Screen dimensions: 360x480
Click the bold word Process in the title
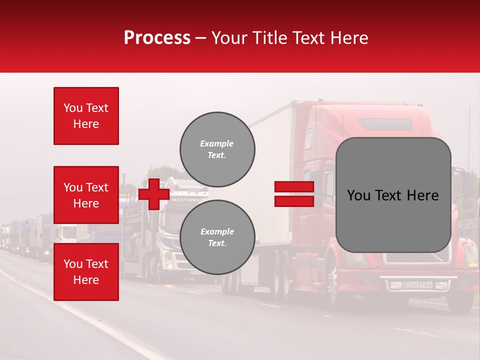pyautogui.click(x=157, y=38)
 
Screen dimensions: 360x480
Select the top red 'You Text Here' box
pyautogui.click(x=86, y=116)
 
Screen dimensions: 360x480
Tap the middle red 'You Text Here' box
pyautogui.click(x=86, y=195)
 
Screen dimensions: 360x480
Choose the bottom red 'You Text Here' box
pyautogui.click(x=86, y=272)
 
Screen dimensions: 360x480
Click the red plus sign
pyautogui.click(x=153, y=194)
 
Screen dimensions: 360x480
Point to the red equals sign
pyautogui.click(x=294, y=194)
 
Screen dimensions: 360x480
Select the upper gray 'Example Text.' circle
pyautogui.click(x=217, y=149)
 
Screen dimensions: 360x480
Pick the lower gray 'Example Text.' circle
pyautogui.click(x=217, y=237)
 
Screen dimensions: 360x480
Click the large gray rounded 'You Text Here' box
pyautogui.click(x=393, y=195)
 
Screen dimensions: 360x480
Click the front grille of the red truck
pyautogui.click(x=417, y=257)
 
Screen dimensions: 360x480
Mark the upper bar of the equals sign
pyautogui.click(x=294, y=186)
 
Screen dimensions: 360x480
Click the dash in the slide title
pyautogui.click(x=200, y=38)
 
